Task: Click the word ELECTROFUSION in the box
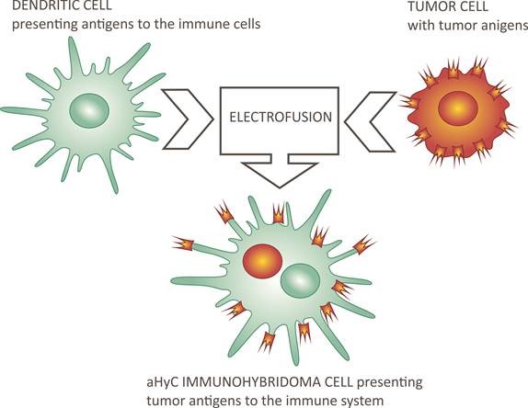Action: point(281,117)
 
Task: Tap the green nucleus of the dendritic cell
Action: point(89,110)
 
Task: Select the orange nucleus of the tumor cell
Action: point(457,108)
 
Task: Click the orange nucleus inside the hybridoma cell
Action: point(262,261)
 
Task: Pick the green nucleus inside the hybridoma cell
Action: point(300,280)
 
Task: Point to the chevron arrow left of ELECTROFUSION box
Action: point(188,119)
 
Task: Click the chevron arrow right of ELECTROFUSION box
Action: point(370,121)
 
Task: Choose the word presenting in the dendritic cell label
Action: point(43,25)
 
